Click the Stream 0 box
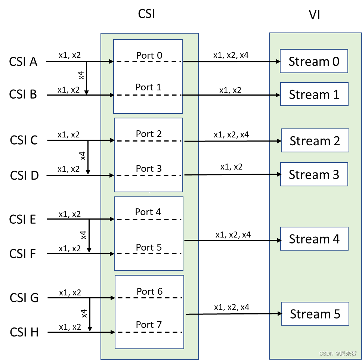[x=314, y=61]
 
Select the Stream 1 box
[x=314, y=94]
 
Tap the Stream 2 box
[x=315, y=141]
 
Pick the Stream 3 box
[x=314, y=174]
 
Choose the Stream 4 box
[x=314, y=239]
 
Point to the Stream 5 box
[x=315, y=314]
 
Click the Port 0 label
[x=149, y=55]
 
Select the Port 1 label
[x=148, y=87]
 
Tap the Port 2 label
[x=149, y=134]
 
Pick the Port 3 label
[x=149, y=168]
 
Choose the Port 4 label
[x=148, y=212]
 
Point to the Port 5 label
[x=149, y=247]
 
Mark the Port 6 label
[x=149, y=291]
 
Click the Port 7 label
[x=149, y=325]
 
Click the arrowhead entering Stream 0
[x=278, y=61]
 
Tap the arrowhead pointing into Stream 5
[x=279, y=314]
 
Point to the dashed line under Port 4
[x=149, y=219]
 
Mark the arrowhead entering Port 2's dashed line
[x=112, y=140]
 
